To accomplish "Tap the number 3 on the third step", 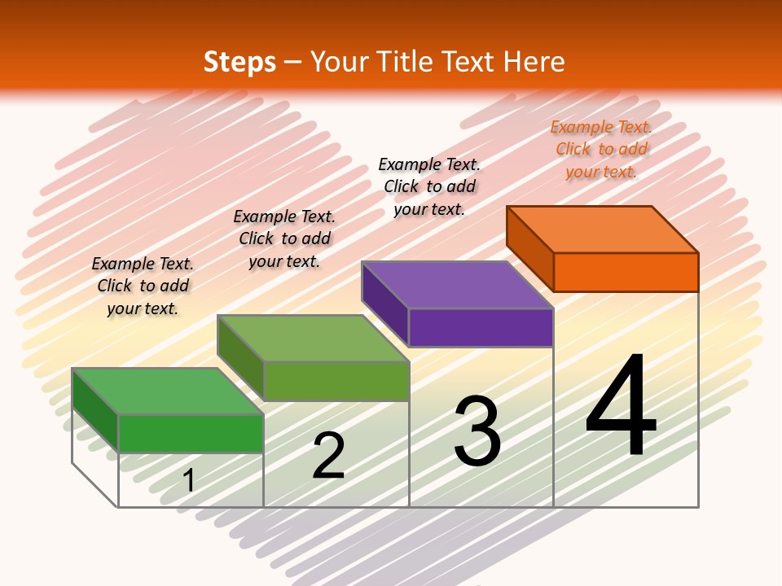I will pyautogui.click(x=477, y=431).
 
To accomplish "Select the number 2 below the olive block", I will pyautogui.click(x=328, y=456).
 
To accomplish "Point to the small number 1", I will pyautogui.click(x=189, y=480).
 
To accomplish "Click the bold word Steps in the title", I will pyautogui.click(x=239, y=62).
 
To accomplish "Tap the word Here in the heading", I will pyautogui.click(x=534, y=62).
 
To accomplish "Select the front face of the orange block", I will pyautogui.click(x=626, y=272).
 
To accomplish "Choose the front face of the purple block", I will pyautogui.click(x=481, y=327).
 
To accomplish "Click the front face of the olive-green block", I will pyautogui.click(x=336, y=381).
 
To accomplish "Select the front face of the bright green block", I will pyautogui.click(x=191, y=433).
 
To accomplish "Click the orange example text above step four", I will pyautogui.click(x=601, y=149).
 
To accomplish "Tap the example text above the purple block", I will pyautogui.click(x=429, y=186).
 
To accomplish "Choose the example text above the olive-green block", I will pyautogui.click(x=284, y=238).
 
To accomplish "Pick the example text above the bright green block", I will pyautogui.click(x=143, y=286).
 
